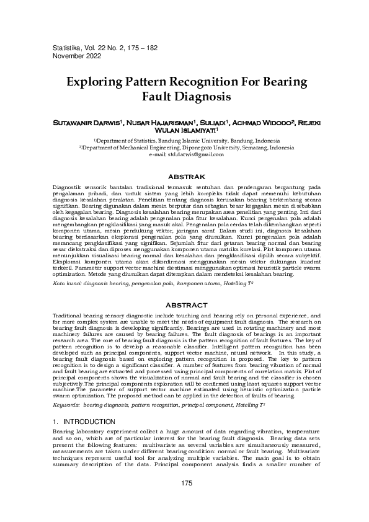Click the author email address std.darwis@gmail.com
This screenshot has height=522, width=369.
(197, 153)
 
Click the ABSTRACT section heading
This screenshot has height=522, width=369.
(184, 305)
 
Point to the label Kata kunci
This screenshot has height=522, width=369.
(66, 282)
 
